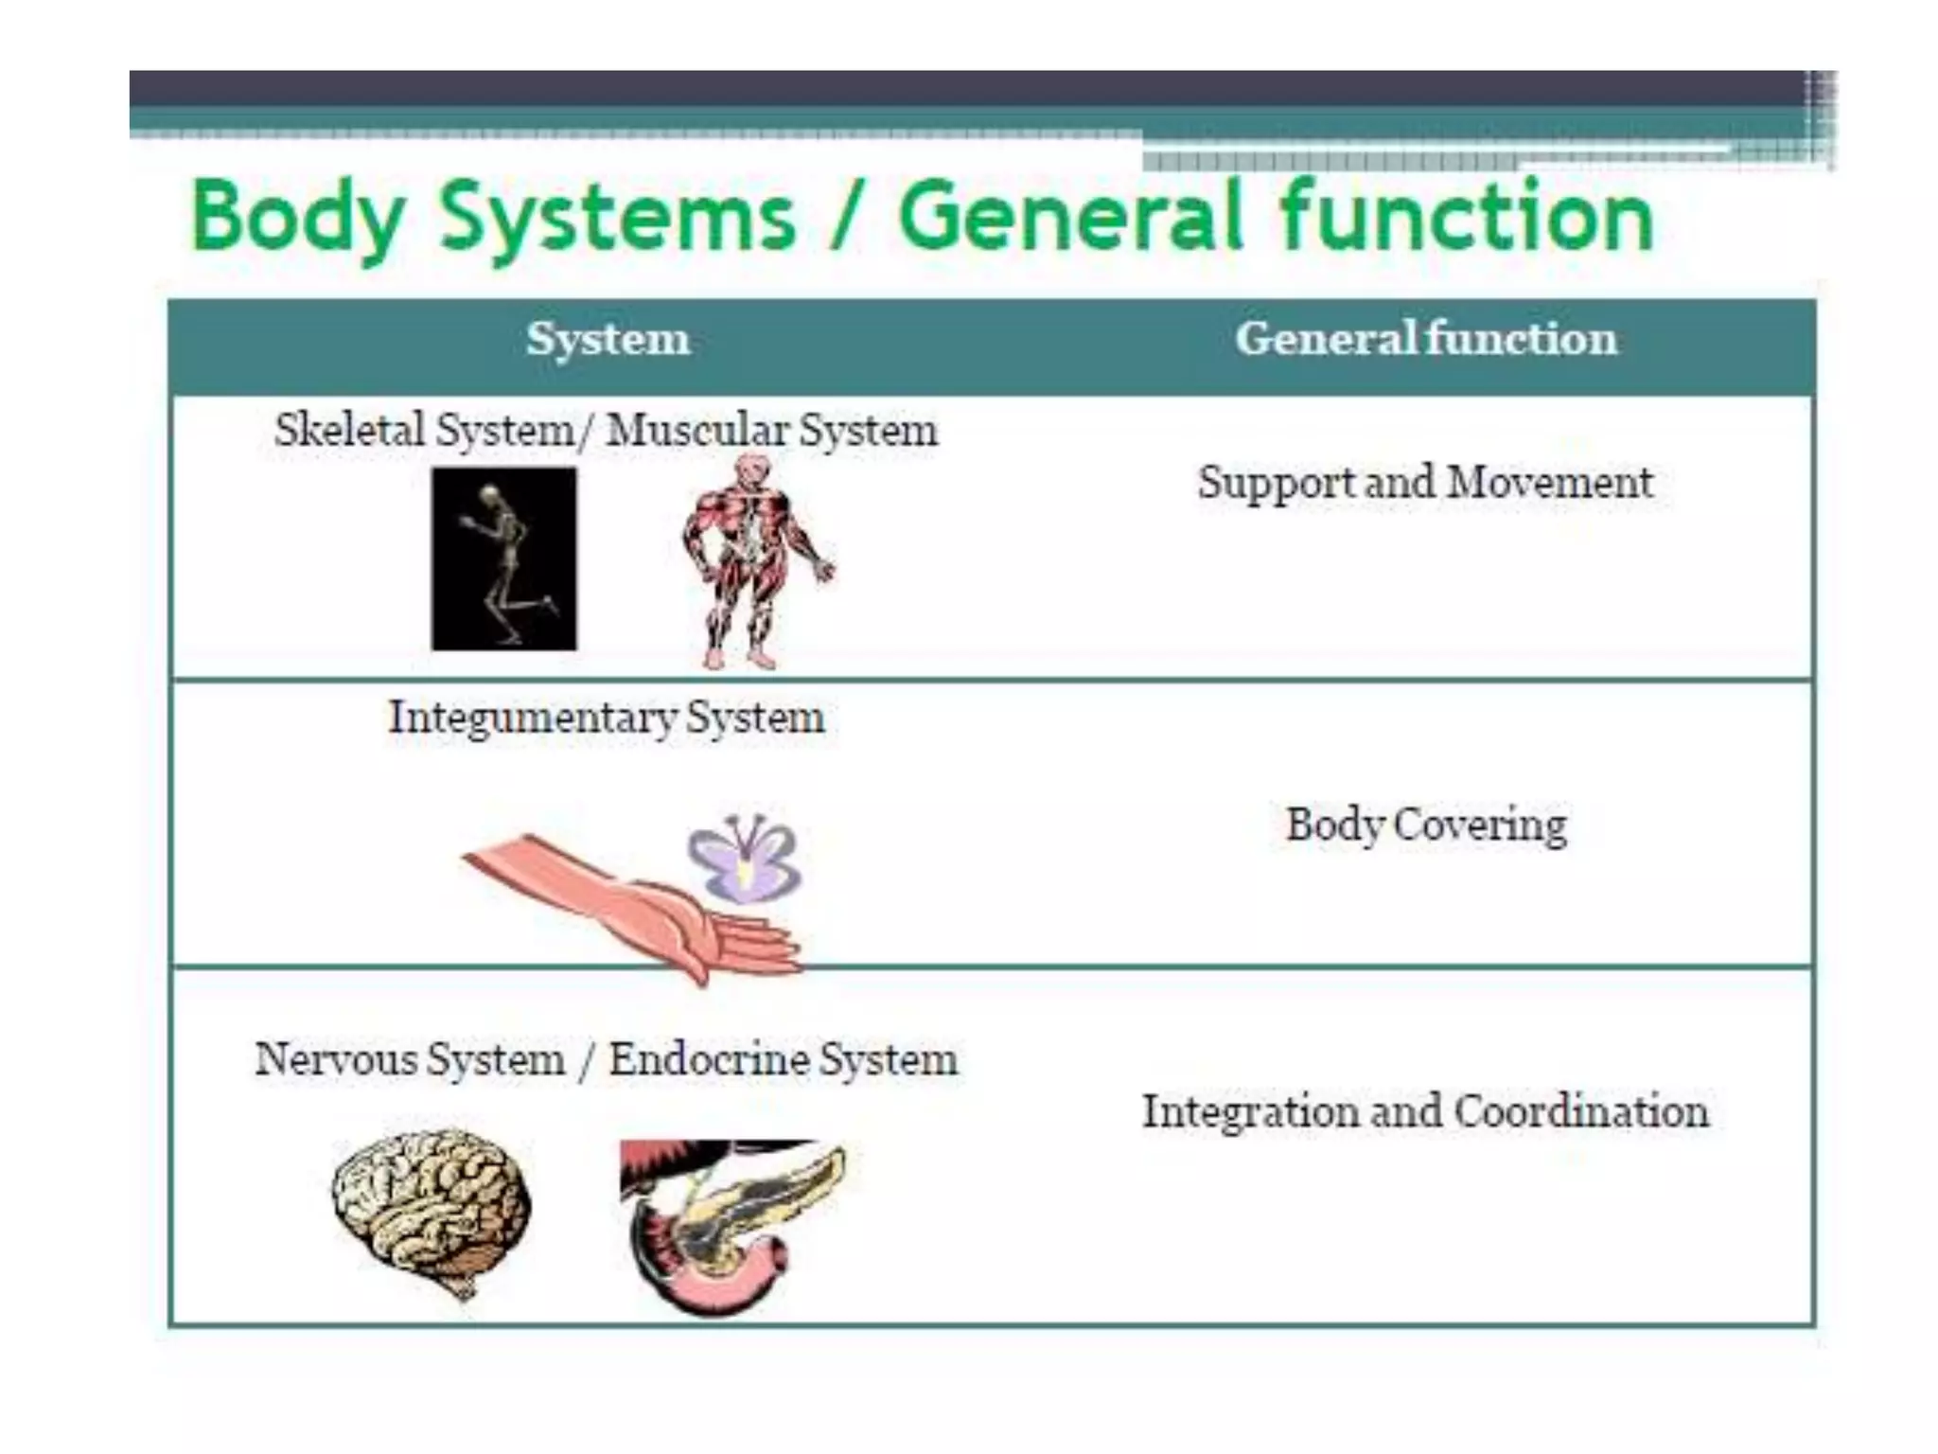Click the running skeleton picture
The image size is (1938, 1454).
point(503,559)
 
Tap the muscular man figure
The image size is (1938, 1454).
point(752,559)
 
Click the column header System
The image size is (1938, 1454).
point(608,339)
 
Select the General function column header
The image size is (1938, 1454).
point(1426,339)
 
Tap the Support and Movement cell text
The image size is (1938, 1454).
point(1425,483)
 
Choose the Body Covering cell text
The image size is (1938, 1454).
point(1426,825)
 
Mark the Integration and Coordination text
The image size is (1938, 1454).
point(1425,1111)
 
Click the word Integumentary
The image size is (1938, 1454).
point(533,718)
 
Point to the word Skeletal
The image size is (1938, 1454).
point(349,431)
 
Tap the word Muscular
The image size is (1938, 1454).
point(698,431)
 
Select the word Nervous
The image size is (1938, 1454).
point(336,1059)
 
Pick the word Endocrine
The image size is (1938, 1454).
point(709,1059)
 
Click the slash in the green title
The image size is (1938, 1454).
point(845,218)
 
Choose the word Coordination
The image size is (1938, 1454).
point(1581,1111)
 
